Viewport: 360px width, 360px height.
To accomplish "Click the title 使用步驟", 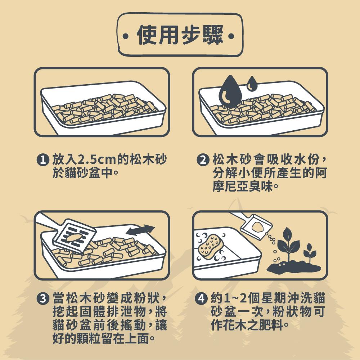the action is pos(180,35).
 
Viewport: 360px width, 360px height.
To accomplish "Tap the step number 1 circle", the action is pos(43,159).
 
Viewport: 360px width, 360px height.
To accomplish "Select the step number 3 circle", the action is pos(43,298).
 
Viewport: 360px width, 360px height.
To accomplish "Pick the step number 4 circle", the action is pos(201,298).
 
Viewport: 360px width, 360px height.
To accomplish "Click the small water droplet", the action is pos(252,84).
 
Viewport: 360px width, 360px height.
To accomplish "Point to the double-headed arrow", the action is pos(140,230).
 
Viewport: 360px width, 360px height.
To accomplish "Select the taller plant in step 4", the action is pos(288,244).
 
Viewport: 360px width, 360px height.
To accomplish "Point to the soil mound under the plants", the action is pos(294,267).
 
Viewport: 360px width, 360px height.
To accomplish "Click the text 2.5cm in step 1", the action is pos(96,159).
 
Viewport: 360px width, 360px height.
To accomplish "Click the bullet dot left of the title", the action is pos(125,36).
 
